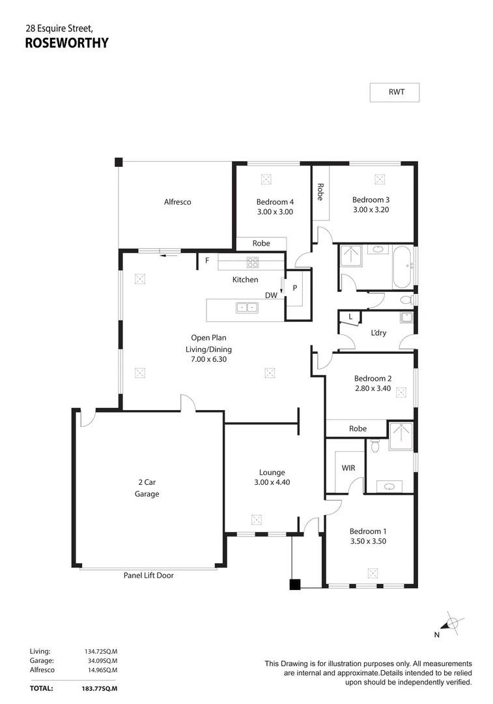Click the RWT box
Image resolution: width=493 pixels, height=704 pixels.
(395, 93)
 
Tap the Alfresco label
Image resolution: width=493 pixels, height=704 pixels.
(177, 202)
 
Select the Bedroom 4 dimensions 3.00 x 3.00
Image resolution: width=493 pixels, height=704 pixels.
(274, 212)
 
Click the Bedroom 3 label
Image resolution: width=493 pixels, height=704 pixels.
(371, 199)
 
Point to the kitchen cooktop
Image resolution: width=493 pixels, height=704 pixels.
(252, 263)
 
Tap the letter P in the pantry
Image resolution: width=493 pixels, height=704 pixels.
(294, 287)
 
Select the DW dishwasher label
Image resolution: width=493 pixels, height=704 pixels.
(271, 295)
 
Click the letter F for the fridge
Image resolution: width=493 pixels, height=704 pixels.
(207, 261)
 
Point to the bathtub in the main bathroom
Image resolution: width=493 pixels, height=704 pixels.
(401, 266)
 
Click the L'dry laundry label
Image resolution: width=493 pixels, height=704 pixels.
(378, 333)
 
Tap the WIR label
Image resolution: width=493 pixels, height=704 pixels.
(348, 468)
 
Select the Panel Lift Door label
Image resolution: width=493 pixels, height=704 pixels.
(148, 576)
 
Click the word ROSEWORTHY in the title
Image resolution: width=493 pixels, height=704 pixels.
(66, 44)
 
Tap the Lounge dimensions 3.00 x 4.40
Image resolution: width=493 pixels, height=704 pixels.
(272, 483)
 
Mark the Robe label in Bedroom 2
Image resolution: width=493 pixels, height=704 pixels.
(358, 428)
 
